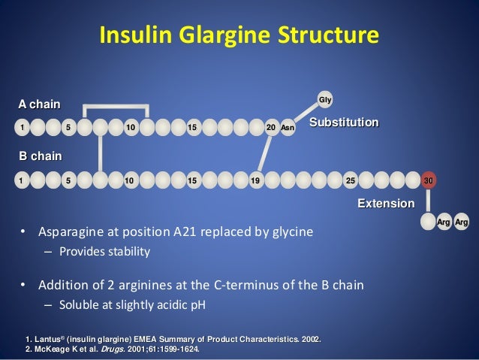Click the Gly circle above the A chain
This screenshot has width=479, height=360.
pyautogui.click(x=325, y=99)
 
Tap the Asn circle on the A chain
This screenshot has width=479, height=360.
pyautogui.click(x=288, y=127)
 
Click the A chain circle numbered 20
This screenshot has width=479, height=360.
pyautogui.click(x=271, y=127)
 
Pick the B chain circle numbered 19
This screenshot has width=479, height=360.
pyautogui.click(x=255, y=180)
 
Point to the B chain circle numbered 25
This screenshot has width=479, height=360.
pyautogui.click(x=349, y=180)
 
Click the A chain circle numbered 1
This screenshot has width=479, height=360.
pyautogui.click(x=23, y=127)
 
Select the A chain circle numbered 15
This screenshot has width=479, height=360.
pyautogui.click(x=192, y=127)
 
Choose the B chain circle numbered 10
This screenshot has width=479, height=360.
pyautogui.click(x=129, y=180)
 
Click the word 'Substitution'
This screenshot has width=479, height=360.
pyautogui.click(x=345, y=121)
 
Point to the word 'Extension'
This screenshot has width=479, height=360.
pyautogui.click(x=385, y=204)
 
